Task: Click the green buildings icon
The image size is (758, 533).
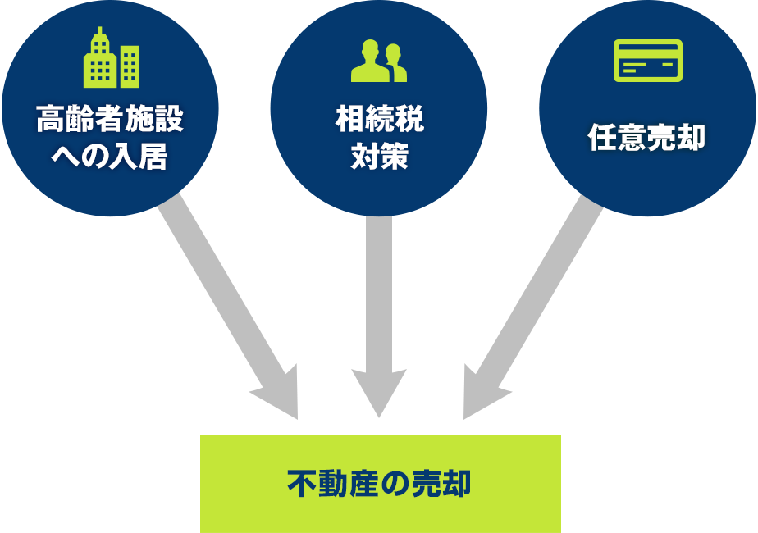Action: click(x=111, y=59)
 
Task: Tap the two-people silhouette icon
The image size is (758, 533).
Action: click(x=379, y=61)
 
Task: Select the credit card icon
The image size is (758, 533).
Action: click(x=647, y=61)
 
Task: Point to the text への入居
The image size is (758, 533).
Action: click(x=110, y=156)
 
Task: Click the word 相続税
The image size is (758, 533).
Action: click(x=379, y=121)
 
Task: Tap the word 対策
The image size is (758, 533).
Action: click(x=379, y=156)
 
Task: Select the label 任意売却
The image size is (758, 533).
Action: click(x=647, y=138)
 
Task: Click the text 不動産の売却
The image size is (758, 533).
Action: click(x=380, y=483)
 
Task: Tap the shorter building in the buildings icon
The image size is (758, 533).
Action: click(x=129, y=66)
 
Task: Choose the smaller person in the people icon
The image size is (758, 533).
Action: click(x=396, y=64)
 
